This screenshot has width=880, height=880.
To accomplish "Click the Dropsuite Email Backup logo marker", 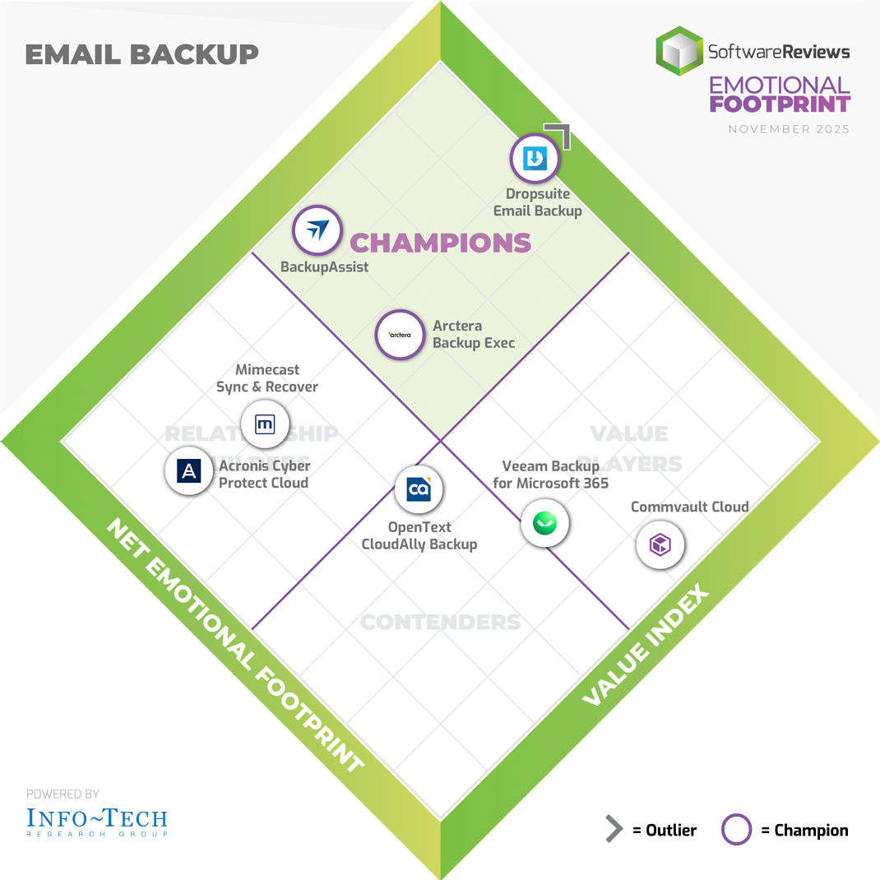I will point(535,158).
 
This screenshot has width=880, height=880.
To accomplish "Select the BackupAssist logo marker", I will point(317,230).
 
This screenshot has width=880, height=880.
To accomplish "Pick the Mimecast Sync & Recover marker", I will point(266,424).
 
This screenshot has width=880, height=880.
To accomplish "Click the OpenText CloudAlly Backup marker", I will point(419,489).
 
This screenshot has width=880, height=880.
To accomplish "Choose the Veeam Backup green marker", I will point(544,523).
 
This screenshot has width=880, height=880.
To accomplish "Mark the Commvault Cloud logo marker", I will point(660,544).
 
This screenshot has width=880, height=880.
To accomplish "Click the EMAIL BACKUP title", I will point(141,54).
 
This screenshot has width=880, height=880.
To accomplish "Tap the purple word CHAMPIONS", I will point(441,243).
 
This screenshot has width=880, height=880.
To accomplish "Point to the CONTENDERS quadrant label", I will point(441,622).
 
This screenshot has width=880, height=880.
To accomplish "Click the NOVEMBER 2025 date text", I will point(789,129).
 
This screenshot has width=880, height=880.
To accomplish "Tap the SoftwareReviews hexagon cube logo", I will point(679,51).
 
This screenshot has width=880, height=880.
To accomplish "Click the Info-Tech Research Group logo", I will point(97,820).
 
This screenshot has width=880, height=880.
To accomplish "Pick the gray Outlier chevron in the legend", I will point(614,830).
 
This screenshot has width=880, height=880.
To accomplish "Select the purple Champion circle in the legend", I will point(736,830).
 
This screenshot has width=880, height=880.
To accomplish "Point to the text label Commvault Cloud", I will point(689,507).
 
